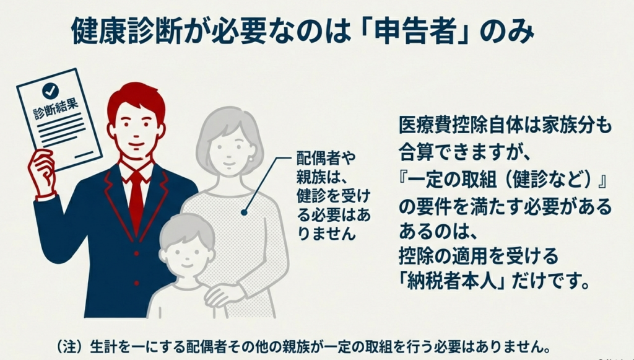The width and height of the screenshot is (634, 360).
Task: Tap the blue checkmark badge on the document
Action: pos(51,91)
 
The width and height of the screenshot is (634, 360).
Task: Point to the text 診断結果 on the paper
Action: pos(56,108)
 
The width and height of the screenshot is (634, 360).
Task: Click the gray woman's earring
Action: pos(251,159)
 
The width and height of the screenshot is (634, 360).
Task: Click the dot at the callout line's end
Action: pos(244,212)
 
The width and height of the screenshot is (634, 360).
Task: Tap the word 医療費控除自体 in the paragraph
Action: pos(459,126)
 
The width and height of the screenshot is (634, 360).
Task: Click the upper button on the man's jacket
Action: pos(136,253)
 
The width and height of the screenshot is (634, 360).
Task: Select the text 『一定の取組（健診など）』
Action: pos(504,180)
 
